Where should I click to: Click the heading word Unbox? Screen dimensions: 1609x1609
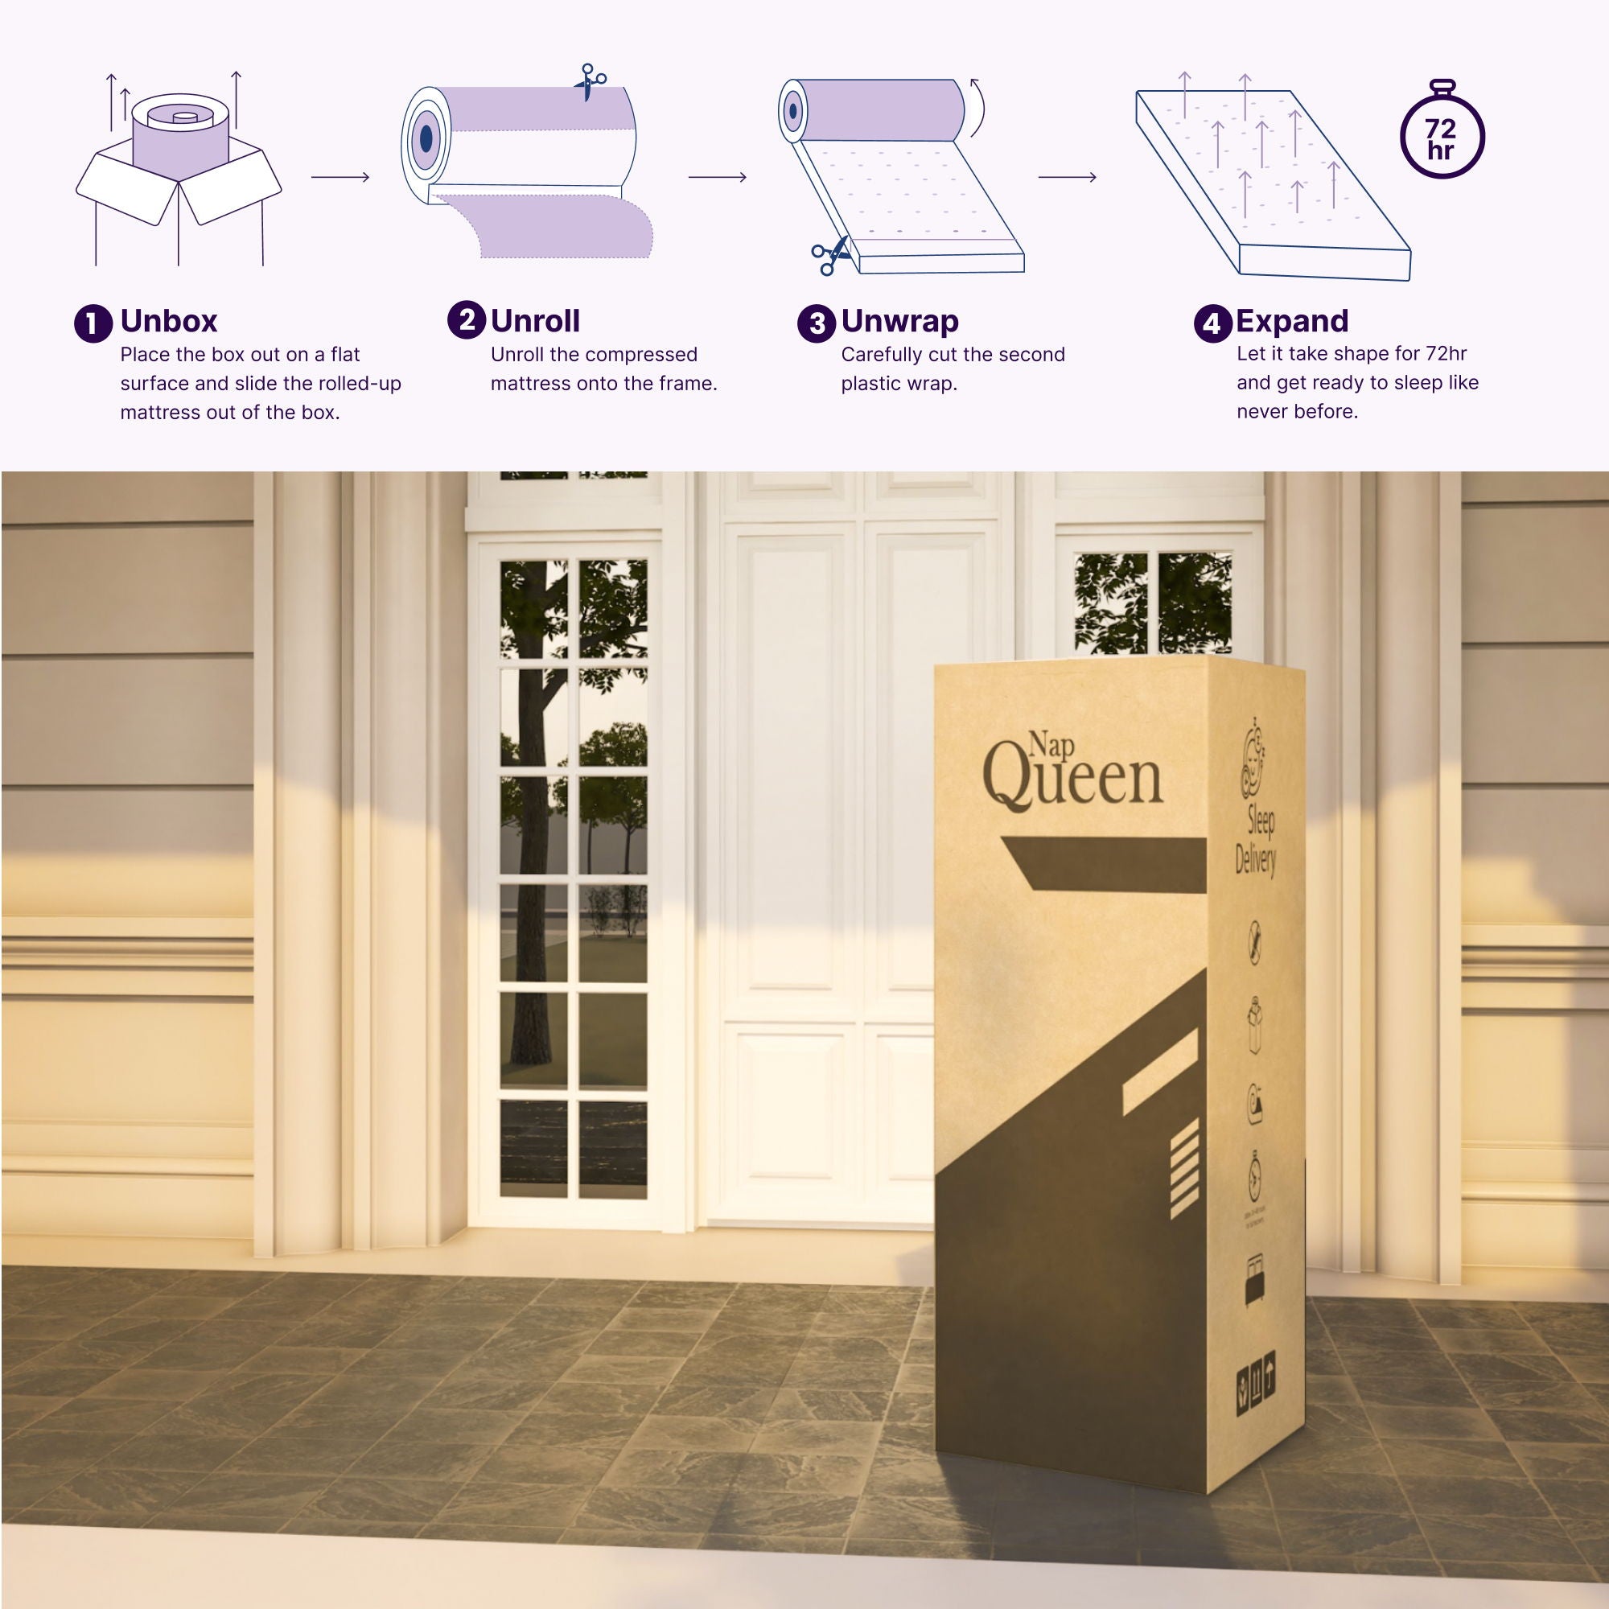(168, 322)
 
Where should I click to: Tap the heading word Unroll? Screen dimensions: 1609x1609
(535, 322)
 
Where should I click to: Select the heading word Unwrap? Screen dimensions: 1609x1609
(899, 322)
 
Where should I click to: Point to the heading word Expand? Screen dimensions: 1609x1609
(1292, 322)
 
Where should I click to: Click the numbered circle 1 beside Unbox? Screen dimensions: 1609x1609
(93, 323)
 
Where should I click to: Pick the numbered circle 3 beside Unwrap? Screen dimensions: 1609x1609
(816, 323)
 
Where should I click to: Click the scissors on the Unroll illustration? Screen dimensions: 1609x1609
(590, 80)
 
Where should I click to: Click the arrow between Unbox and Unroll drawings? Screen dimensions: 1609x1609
(339, 176)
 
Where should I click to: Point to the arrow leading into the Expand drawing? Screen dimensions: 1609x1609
(1067, 176)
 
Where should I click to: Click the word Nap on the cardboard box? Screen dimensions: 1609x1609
(1050, 743)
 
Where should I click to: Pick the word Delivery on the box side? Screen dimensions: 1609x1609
(1255, 858)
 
